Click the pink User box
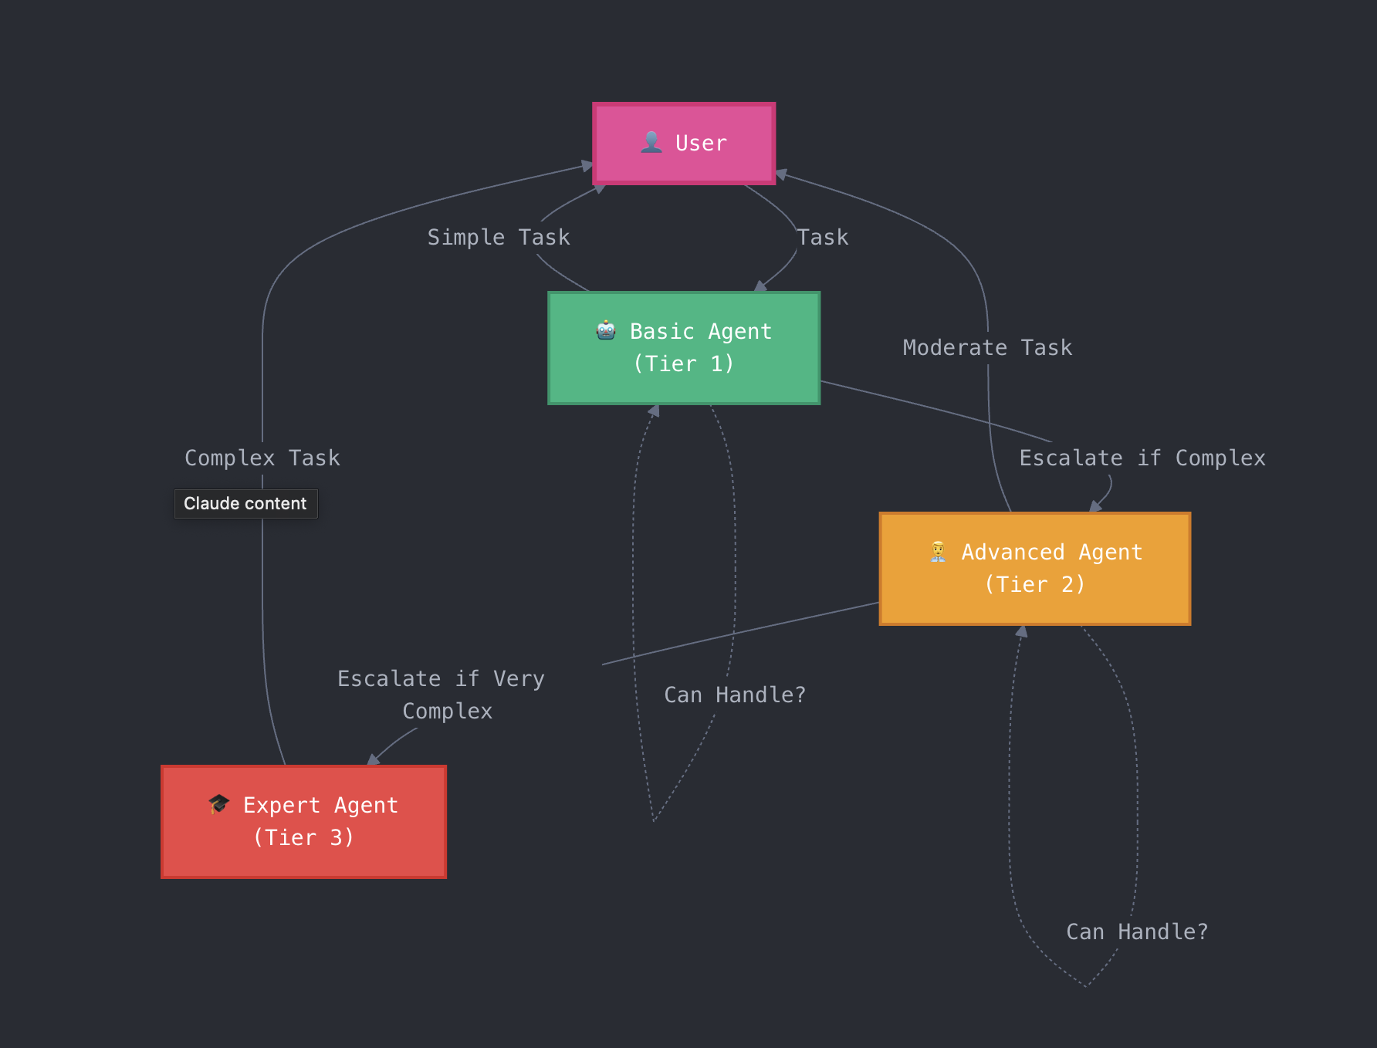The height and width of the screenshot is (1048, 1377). point(684,144)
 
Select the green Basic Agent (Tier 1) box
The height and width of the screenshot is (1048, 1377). point(684,348)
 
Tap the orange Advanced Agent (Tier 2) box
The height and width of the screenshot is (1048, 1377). point(1035,569)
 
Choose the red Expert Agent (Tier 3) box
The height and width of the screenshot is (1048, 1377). point(303,822)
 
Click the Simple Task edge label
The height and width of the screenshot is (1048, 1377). point(499,238)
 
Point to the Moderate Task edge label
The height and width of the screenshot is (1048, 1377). point(987,348)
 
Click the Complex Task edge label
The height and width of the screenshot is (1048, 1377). point(262,458)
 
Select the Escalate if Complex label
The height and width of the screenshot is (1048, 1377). point(1142,458)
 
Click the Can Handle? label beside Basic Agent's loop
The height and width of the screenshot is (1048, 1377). point(735,695)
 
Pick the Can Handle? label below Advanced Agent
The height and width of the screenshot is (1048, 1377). point(1137,932)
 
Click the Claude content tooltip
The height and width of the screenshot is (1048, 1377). point(245,504)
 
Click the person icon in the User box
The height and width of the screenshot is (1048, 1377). point(651,143)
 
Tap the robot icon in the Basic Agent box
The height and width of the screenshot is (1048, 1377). point(606,331)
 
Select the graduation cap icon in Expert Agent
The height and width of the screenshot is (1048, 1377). point(219,804)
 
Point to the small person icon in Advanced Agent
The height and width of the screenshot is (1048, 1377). point(938,552)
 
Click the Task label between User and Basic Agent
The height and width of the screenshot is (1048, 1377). point(823,238)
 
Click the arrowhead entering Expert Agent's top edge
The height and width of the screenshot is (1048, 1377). point(374,760)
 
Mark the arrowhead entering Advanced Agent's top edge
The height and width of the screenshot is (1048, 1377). point(1095,507)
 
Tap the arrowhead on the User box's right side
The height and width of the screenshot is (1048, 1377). point(781,174)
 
